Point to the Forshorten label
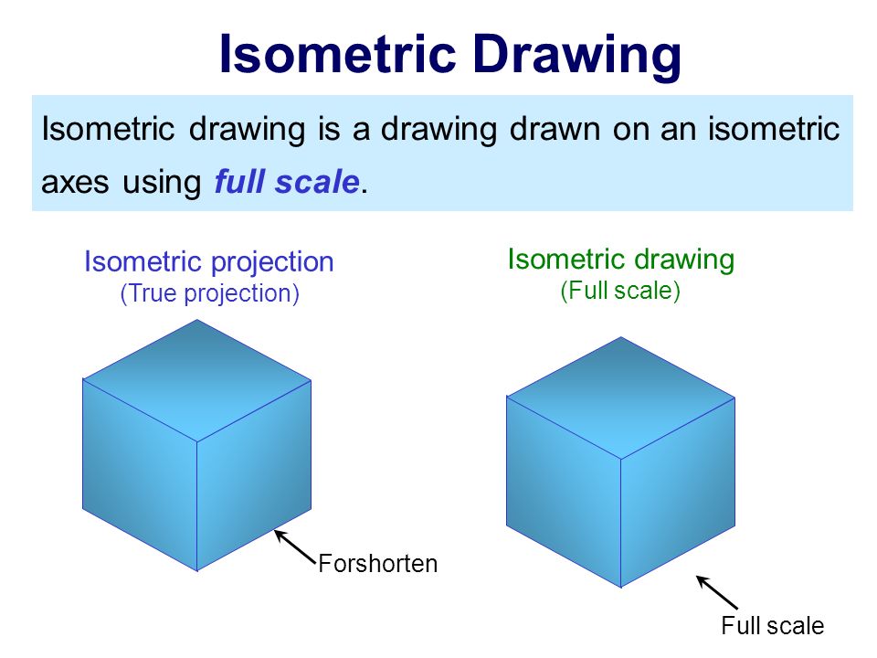[x=378, y=564]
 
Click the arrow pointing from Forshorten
[x=294, y=546]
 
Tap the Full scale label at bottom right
[x=772, y=626]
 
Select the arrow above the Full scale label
[x=717, y=592]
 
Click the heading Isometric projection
[x=209, y=262]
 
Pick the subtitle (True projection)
[x=209, y=294]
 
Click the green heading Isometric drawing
[x=620, y=260]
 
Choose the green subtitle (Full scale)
[x=620, y=292]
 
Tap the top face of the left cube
[x=197, y=379]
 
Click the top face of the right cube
[x=620, y=398]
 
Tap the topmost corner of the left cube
[x=198, y=319]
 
